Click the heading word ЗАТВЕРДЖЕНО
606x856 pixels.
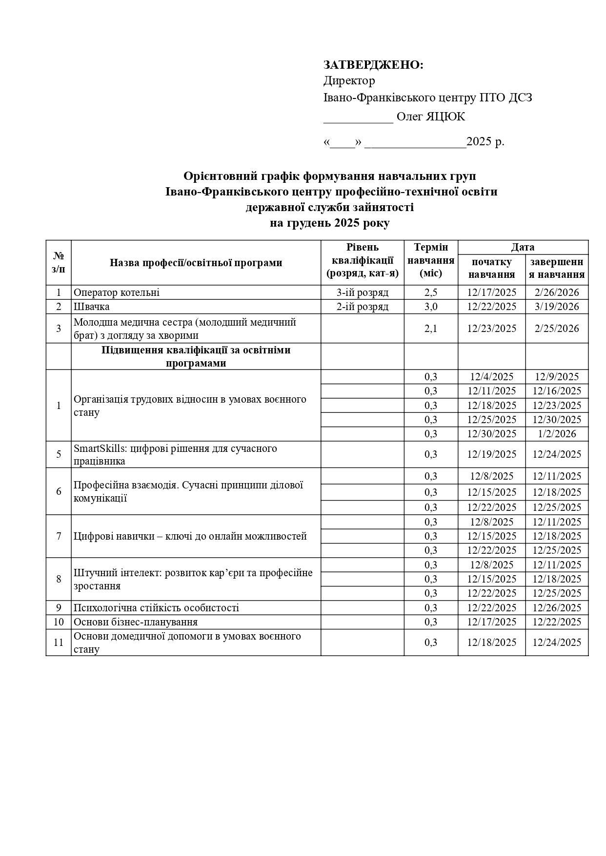tap(373, 65)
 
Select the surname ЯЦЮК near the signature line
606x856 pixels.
tap(445, 117)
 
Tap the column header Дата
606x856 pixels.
tap(523, 247)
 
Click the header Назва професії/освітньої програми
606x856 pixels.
tap(196, 263)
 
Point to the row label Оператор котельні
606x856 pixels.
tap(117, 292)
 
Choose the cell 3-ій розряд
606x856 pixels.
tap(363, 292)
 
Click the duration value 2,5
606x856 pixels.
tap(431, 292)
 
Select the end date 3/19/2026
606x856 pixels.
tap(557, 307)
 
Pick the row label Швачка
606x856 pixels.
tap(92, 307)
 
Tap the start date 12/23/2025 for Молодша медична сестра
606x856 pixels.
tap(491, 329)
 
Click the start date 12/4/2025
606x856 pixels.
tap(491, 377)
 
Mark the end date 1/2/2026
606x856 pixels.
tap(557, 434)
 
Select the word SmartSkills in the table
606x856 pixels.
tap(100, 448)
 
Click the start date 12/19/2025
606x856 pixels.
tap(491, 454)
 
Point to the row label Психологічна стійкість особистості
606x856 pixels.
tap(156, 608)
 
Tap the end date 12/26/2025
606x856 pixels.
tap(557, 608)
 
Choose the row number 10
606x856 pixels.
tap(59, 622)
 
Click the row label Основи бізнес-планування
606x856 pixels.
tap(136, 622)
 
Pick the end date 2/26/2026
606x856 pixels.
tap(557, 292)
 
